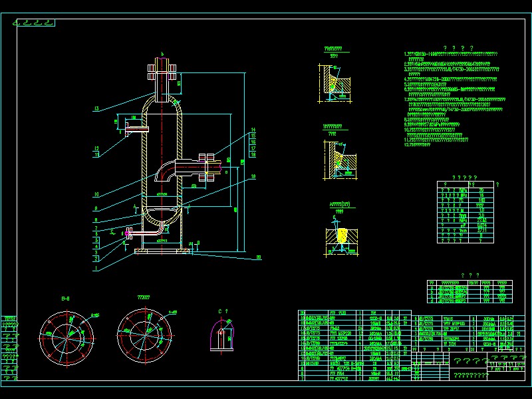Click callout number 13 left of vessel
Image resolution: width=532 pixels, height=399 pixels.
pyautogui.click(x=96, y=108)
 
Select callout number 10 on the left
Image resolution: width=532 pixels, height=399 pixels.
pyautogui.click(x=96, y=195)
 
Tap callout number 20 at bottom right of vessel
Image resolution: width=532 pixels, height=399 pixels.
pyautogui.click(x=259, y=257)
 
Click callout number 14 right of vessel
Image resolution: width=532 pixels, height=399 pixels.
pyautogui.click(x=253, y=129)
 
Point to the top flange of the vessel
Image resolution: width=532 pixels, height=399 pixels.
pyautogui.click(x=161, y=67)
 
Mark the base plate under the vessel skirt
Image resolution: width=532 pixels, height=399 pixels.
pyautogui.click(x=162, y=251)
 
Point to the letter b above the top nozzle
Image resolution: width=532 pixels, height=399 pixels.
pyautogui.click(x=162, y=54)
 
